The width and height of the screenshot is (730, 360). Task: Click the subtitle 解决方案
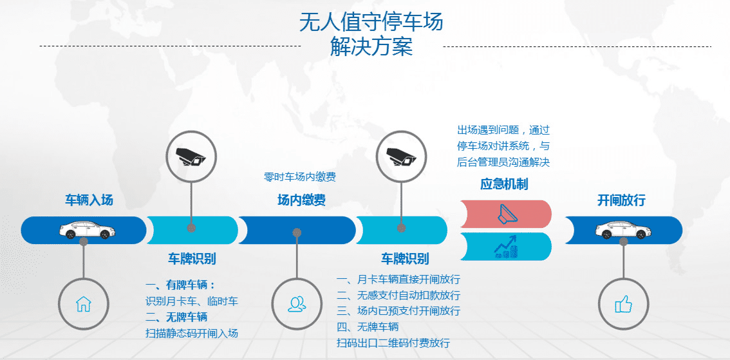tap(371, 47)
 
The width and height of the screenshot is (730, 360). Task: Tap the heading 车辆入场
tap(89, 200)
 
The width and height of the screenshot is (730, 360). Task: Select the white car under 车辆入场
tap(84, 229)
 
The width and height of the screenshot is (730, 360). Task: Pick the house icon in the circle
tap(84, 303)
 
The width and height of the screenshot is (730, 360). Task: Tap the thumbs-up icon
tap(623, 304)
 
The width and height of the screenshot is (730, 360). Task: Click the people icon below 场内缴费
tap(297, 303)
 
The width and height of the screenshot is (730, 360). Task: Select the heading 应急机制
tap(504, 184)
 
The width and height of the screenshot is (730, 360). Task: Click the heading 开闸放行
tap(621, 200)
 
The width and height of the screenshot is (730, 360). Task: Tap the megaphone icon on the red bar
tap(506, 214)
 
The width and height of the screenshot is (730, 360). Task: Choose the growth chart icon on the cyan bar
tap(506, 247)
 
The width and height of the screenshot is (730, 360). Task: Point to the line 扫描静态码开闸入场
tap(192, 333)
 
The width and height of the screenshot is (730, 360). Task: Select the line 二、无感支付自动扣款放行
tap(398, 295)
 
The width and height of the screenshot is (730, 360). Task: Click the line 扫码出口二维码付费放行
tap(393, 343)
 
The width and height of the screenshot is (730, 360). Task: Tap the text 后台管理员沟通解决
tap(503, 162)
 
